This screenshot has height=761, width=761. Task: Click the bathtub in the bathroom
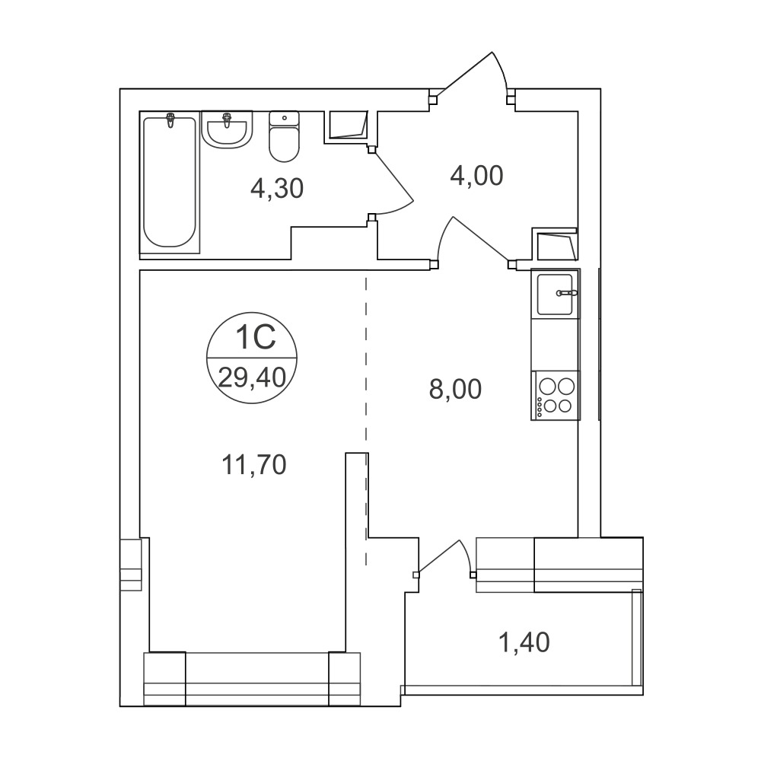point(170,182)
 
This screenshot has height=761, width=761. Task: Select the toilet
point(284,136)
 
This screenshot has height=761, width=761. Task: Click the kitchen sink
point(556,295)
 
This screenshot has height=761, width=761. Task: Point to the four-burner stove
point(556,395)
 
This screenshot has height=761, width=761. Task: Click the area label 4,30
point(277,188)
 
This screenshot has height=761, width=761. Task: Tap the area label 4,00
point(476,176)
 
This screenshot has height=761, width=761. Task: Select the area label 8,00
point(455,389)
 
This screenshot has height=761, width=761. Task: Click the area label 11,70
point(254,464)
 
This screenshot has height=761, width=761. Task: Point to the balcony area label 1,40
point(524,642)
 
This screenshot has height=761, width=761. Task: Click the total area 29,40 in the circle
point(252,377)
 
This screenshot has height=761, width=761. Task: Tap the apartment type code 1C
point(255,337)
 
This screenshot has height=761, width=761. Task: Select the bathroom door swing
point(394,180)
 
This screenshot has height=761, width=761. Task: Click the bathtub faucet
point(170,120)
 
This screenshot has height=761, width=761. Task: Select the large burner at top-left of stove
point(548,387)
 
